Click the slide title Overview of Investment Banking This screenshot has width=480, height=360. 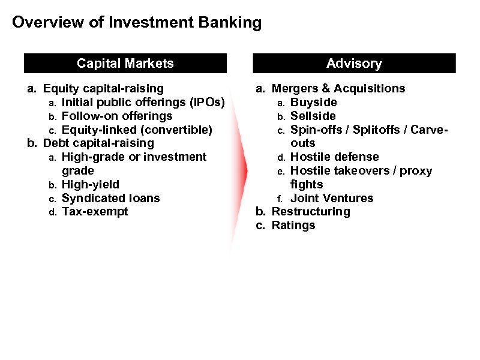tap(137, 23)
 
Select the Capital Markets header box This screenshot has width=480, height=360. tap(125, 64)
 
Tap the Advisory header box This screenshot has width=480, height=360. tap(354, 64)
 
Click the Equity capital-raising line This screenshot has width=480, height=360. tap(103, 89)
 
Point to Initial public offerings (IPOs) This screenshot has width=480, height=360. tap(143, 103)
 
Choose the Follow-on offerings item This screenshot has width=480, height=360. tap(117, 116)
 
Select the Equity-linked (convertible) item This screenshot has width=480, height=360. tap(137, 130)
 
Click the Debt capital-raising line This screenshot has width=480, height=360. tap(98, 143)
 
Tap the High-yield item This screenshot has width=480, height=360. tap(91, 184)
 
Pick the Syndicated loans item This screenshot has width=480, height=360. tap(111, 198)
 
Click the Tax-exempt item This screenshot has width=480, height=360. tap(95, 212)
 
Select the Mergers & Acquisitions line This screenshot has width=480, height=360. tap(338, 89)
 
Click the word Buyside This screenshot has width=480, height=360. tap(314, 103)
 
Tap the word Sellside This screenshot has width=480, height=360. tap(313, 116)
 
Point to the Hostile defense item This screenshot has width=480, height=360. tap(334, 157)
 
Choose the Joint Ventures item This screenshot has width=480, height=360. tap(332, 198)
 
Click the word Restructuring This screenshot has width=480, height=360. tap(311, 212)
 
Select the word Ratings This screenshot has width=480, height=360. tap(293, 226)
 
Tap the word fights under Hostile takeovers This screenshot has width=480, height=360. tap(307, 184)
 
